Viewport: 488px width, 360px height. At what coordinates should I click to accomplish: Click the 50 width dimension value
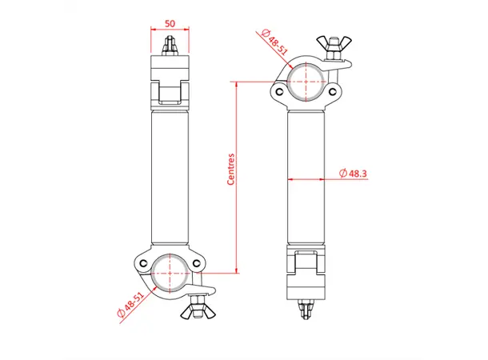coord(170,23)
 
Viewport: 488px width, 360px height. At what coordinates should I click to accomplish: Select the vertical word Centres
coord(230,170)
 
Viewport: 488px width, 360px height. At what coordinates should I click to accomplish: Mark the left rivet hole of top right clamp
coord(279,91)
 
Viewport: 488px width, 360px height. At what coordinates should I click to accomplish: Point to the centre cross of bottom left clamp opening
coord(170,273)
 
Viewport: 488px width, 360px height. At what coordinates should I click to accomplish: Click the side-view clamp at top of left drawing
coord(170,81)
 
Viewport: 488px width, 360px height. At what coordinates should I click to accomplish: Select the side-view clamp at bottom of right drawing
coord(306,272)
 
